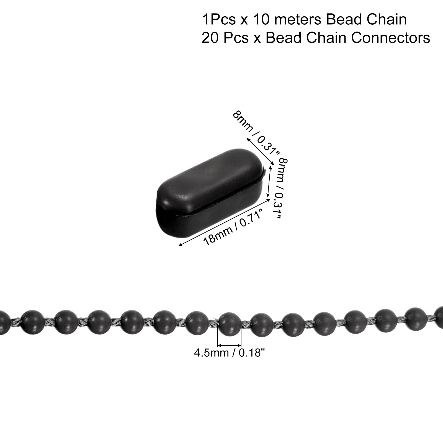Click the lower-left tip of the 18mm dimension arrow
[x=178, y=246]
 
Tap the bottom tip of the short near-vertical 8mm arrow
[x=267, y=198]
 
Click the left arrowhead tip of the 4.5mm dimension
[x=218, y=346]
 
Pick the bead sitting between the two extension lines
[x=230, y=323]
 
